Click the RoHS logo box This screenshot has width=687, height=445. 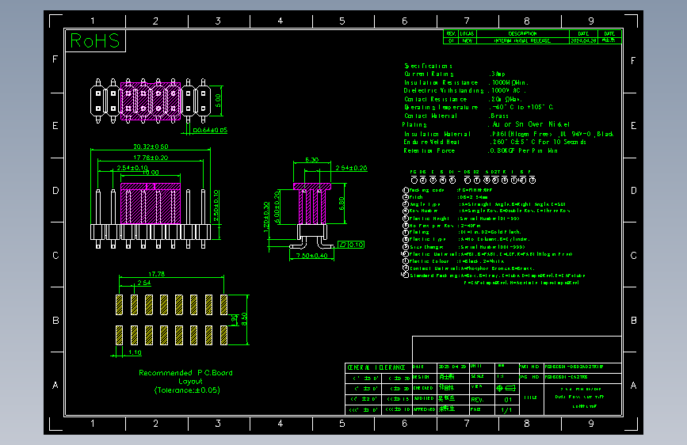coord(96,41)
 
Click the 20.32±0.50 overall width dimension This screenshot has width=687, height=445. coord(150,146)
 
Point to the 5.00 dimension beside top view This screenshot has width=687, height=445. coord(219,100)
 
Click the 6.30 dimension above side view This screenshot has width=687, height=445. coord(311,160)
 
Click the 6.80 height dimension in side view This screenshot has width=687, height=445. coord(342,202)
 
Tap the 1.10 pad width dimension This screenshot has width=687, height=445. coord(135,352)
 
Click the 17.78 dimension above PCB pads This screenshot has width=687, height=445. coord(157,274)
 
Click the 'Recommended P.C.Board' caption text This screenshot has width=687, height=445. coord(185,372)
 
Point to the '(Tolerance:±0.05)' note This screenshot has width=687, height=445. coord(187,390)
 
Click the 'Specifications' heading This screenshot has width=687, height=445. coord(428,66)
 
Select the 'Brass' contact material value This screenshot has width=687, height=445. coord(500,116)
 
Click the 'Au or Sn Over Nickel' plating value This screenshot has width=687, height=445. coord(530,124)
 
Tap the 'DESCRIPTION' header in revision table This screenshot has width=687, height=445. coord(522,33)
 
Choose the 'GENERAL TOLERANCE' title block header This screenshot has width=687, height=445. coord(378,367)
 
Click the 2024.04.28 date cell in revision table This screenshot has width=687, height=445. coord(582,40)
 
